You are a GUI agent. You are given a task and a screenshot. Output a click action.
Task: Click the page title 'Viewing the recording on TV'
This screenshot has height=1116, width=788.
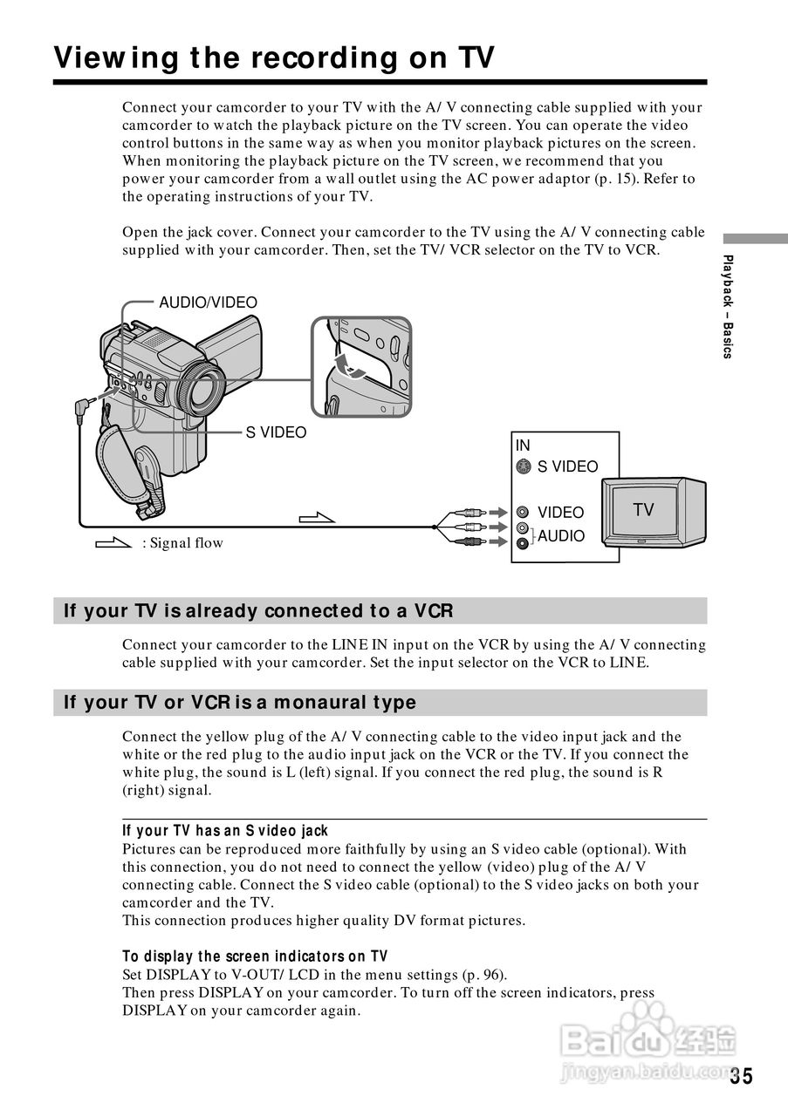274,58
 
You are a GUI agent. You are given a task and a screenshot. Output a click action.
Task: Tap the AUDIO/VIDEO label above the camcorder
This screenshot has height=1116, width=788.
208,303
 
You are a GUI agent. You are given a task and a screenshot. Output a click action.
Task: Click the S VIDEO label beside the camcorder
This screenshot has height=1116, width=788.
276,432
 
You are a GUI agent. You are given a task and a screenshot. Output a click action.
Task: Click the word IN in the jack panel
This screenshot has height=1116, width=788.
523,446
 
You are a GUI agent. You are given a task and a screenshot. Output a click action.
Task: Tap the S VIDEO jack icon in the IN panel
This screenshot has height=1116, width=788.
523,466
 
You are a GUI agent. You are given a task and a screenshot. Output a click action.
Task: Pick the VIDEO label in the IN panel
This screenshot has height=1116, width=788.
560,513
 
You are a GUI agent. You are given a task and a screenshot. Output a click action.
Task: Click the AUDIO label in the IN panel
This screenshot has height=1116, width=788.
561,536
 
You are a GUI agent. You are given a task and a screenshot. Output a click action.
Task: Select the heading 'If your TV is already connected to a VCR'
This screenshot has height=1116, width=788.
258,610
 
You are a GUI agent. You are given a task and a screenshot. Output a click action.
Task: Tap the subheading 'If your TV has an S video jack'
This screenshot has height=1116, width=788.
225,831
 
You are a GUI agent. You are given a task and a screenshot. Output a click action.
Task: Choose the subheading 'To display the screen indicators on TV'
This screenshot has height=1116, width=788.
255,956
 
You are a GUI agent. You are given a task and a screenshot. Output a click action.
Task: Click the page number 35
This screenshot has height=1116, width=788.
741,1076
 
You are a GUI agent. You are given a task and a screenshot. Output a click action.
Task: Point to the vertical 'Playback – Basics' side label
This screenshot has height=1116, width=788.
728,306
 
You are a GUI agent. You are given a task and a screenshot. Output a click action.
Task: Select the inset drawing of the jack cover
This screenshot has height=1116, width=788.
361,367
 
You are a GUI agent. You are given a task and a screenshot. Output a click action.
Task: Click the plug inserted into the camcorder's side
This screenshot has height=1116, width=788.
86,406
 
